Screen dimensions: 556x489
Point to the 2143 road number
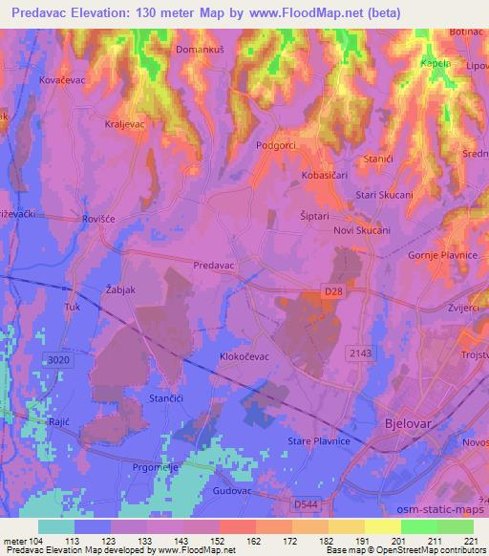(358, 353)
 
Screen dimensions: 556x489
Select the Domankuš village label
(201, 47)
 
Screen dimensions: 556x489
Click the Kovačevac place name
(64, 81)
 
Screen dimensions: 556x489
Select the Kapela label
(436, 63)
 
